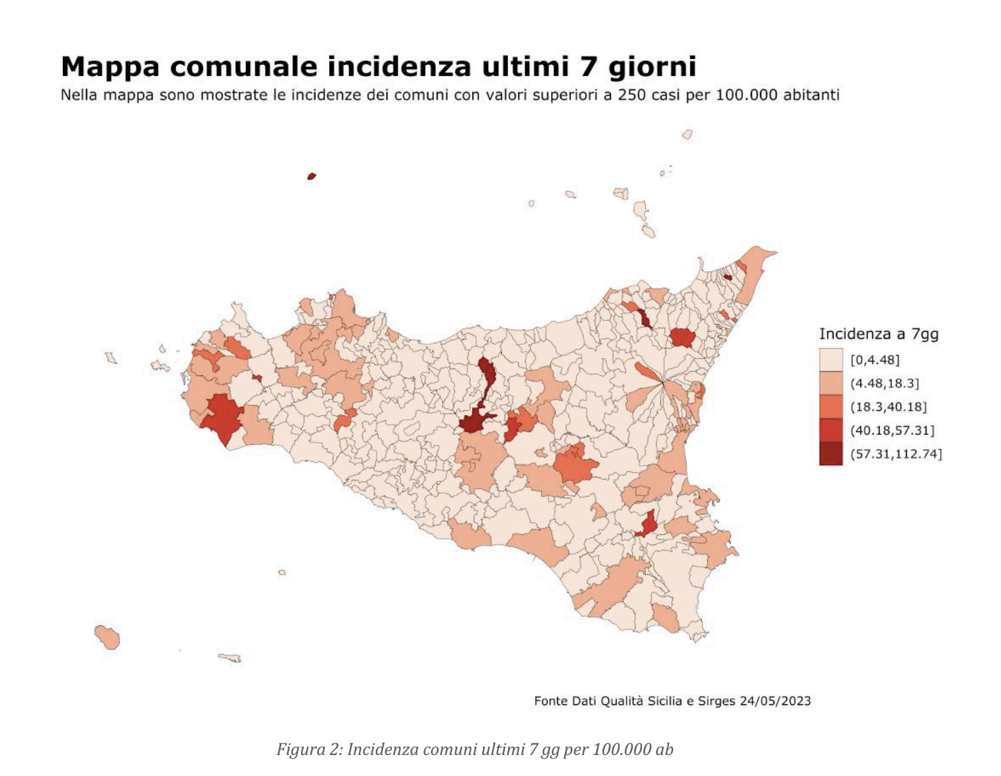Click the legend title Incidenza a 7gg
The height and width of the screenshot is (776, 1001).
point(878,334)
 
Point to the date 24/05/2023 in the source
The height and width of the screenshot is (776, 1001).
point(775,701)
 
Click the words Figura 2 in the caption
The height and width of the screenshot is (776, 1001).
point(307,750)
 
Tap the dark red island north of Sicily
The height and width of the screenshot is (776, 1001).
point(312,176)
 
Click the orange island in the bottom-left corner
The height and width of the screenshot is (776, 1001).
point(108,637)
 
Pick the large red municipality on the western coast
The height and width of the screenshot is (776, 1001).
point(221,416)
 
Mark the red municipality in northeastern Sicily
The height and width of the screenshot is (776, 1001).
point(682,337)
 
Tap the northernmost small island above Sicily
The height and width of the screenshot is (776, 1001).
point(687,135)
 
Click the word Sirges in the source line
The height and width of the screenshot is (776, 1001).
point(716,701)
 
